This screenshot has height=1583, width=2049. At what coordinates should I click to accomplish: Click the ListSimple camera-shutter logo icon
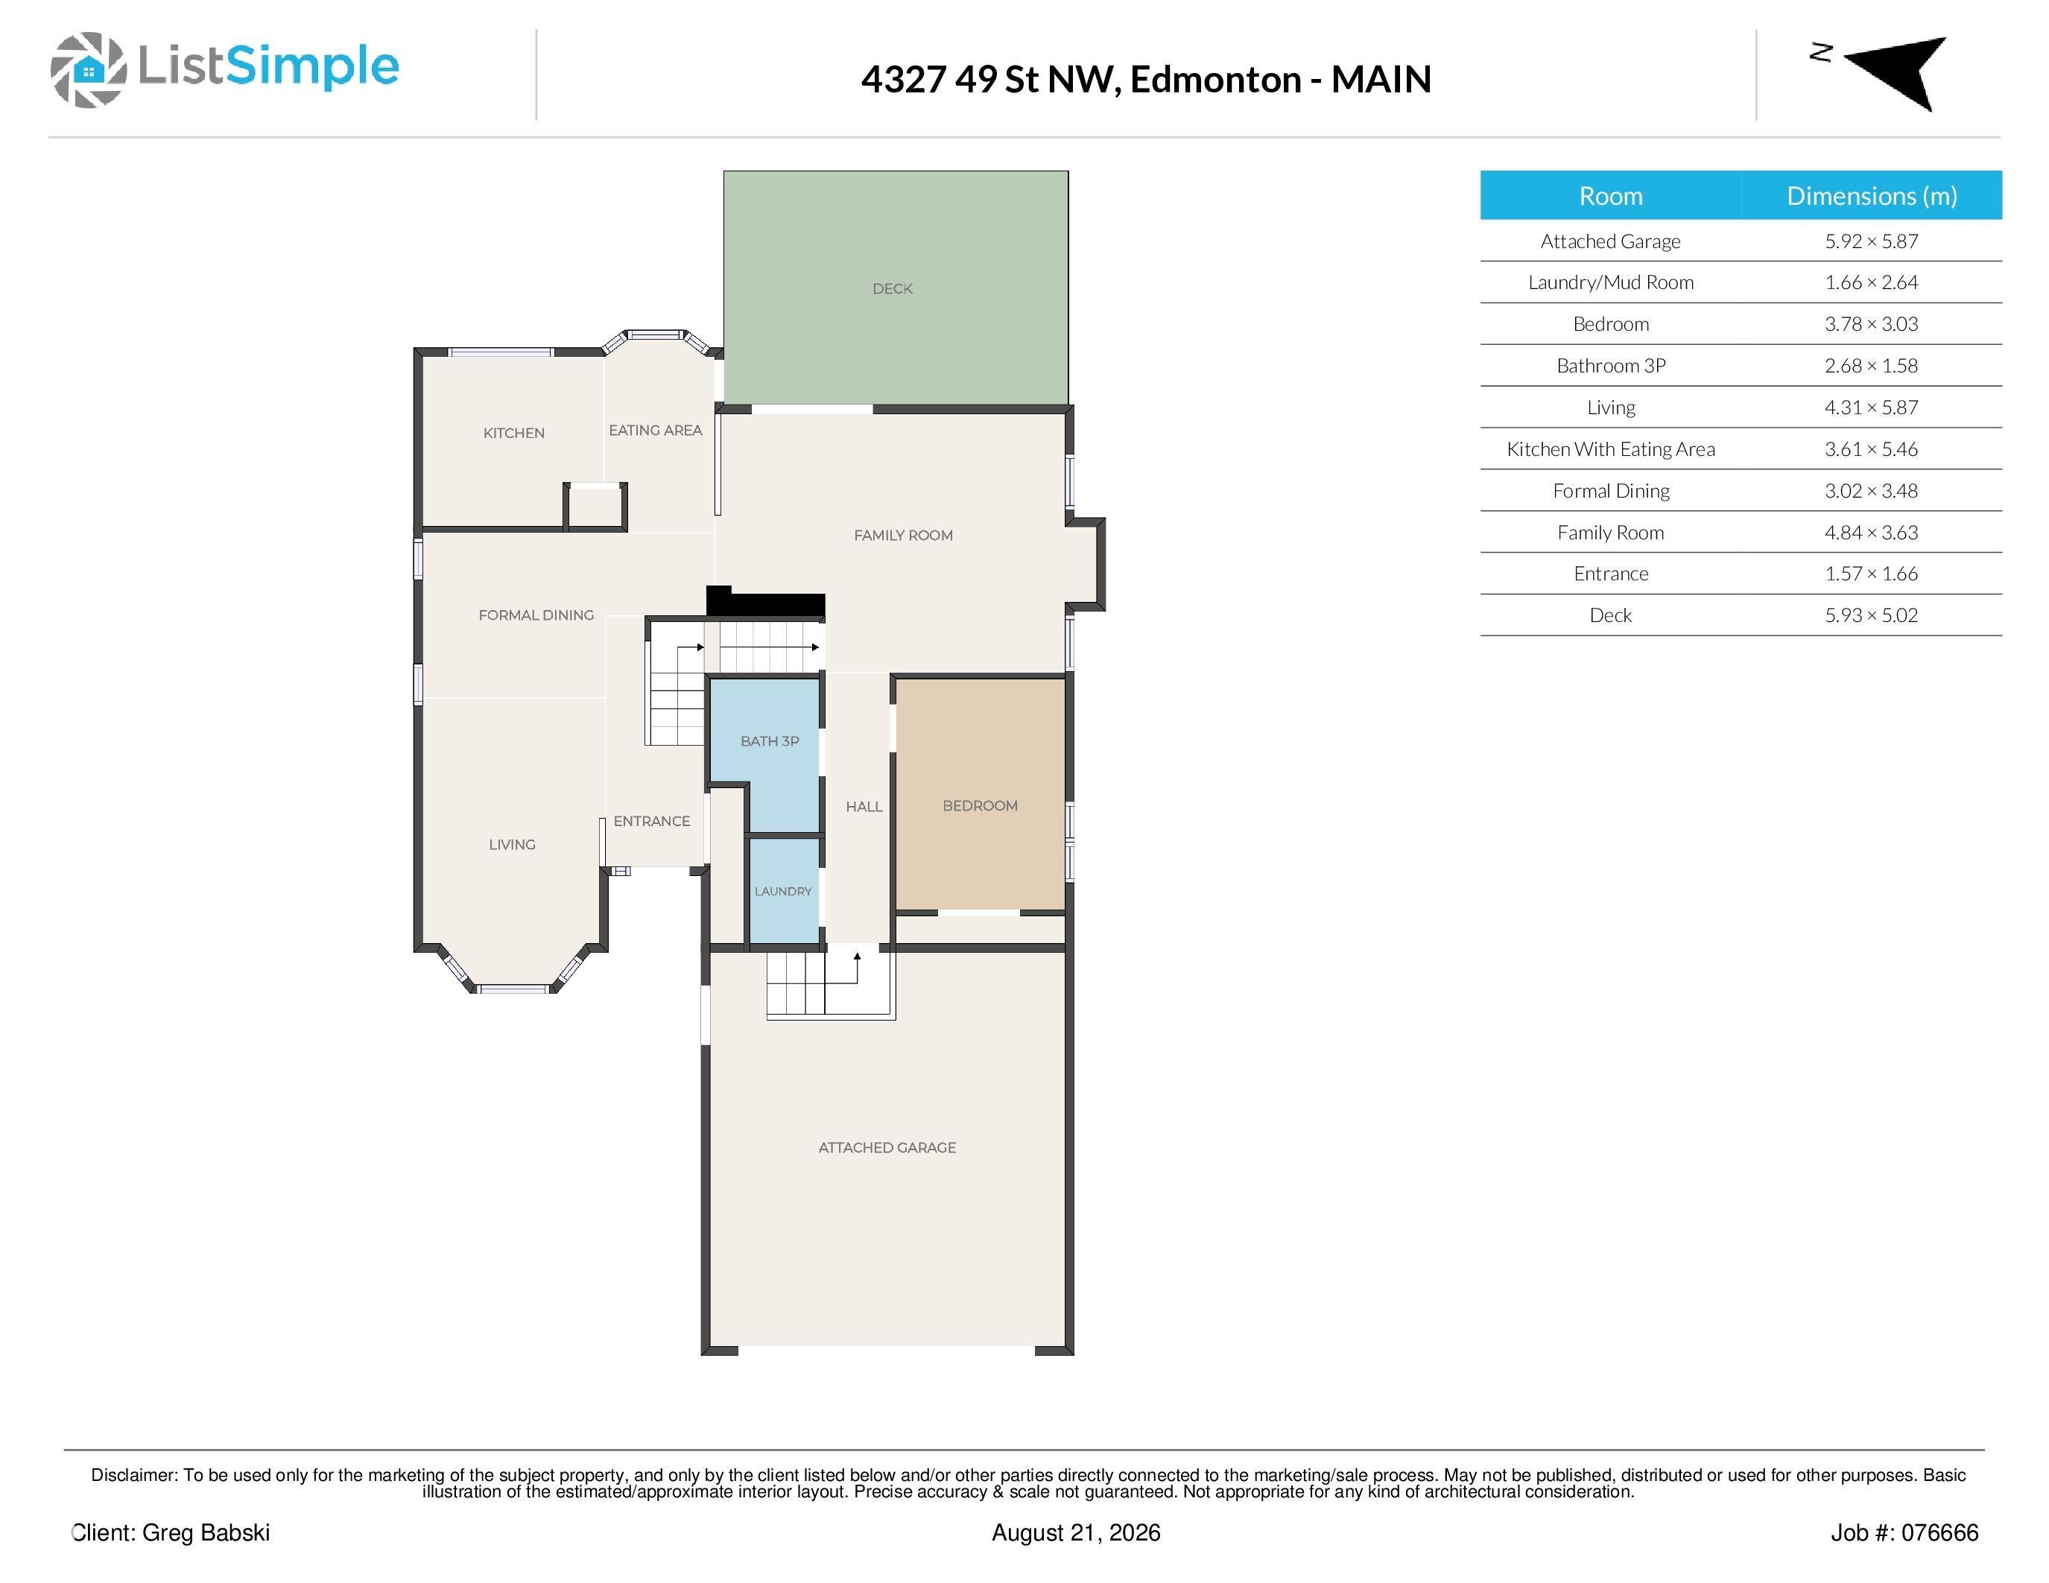(x=88, y=70)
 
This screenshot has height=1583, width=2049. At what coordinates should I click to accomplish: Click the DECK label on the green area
(x=892, y=289)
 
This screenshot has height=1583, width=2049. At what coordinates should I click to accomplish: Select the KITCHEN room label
(x=513, y=432)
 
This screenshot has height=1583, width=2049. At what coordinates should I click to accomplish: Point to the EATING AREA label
(x=655, y=431)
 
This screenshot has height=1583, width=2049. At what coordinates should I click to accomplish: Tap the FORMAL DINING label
(x=536, y=615)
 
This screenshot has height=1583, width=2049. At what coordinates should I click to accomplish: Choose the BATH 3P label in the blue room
(x=770, y=741)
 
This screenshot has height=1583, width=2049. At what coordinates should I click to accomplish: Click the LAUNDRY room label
(x=782, y=891)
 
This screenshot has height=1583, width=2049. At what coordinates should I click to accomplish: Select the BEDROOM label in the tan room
(x=980, y=805)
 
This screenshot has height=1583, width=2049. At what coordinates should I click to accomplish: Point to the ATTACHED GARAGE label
(x=887, y=1147)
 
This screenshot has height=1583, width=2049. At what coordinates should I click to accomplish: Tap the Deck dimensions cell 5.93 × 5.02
(x=1871, y=615)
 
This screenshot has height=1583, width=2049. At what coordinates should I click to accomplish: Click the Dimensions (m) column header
(x=1872, y=196)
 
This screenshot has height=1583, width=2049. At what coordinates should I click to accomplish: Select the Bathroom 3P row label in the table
(x=1611, y=366)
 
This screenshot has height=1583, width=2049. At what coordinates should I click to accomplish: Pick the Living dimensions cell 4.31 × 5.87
(x=1871, y=407)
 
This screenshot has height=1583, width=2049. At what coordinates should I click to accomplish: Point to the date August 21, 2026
(x=1076, y=1532)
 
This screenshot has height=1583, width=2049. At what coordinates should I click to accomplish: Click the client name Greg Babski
(x=206, y=1532)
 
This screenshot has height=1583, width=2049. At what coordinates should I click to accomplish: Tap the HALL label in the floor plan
(x=864, y=807)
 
